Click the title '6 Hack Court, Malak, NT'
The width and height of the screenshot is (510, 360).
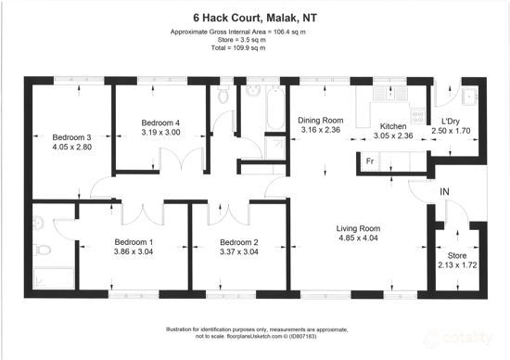point(254,17)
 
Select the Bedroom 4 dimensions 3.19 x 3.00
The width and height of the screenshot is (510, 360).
point(160,133)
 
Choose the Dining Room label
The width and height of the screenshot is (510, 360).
point(320,120)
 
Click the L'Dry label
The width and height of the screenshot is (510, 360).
point(452,122)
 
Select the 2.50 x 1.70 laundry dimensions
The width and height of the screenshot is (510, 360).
point(452,132)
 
